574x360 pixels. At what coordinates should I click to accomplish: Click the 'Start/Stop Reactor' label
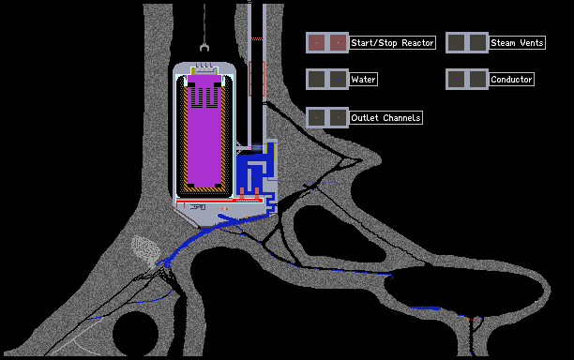tap(392, 43)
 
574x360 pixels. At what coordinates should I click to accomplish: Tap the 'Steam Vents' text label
tap(517, 43)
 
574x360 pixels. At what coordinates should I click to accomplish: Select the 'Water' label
tap(363, 80)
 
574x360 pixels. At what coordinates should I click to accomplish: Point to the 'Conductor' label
tap(511, 80)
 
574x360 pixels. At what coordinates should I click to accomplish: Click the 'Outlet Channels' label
tap(385, 118)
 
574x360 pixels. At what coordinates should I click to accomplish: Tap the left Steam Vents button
tap(456, 43)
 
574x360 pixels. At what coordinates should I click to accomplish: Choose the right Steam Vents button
tap(477, 43)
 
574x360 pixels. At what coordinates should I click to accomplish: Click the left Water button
tap(316, 80)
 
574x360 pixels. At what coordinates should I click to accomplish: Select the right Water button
tap(338, 80)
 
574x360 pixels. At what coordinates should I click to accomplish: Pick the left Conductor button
tap(456, 80)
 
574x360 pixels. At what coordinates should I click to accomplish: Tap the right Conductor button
tap(477, 80)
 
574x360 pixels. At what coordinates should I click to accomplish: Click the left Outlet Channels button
tap(316, 118)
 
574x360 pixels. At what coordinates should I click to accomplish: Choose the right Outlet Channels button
tap(338, 118)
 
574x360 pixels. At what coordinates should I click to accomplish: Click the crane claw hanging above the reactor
tap(204, 48)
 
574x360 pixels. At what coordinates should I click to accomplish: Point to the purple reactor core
tap(204, 131)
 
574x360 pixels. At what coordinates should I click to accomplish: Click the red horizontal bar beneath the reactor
tap(219, 201)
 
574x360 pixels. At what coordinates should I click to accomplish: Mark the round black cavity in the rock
tap(135, 334)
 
